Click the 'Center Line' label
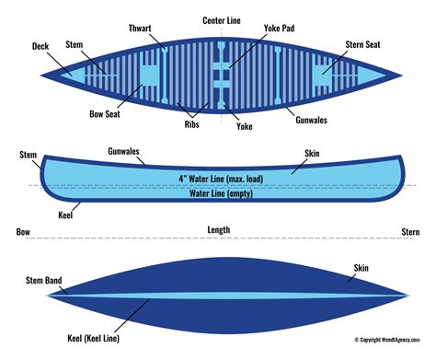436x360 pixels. pos(222,20)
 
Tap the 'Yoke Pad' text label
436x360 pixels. pos(279,29)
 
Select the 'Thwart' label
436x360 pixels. pos(140,29)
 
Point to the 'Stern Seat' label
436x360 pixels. pos(362,44)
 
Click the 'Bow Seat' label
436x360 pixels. pos(105,114)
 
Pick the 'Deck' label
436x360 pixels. pos(40,46)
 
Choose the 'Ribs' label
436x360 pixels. pos(191,124)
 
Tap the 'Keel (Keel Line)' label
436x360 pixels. pos(94,338)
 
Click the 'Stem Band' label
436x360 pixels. pos(44,280)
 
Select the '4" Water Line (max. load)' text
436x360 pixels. pos(221,179)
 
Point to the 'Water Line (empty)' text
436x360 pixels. pos(221,193)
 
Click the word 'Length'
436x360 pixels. pos(219,230)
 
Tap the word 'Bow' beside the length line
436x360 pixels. pos(23,232)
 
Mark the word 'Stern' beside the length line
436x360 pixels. pos(410,232)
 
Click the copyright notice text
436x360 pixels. pos(387,340)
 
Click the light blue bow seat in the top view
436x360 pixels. pos(149,75)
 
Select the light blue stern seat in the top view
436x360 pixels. pos(321,75)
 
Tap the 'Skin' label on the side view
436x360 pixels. pos(312,154)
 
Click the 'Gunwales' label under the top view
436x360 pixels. pos(311,120)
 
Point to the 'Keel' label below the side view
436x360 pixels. pos(65,215)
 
